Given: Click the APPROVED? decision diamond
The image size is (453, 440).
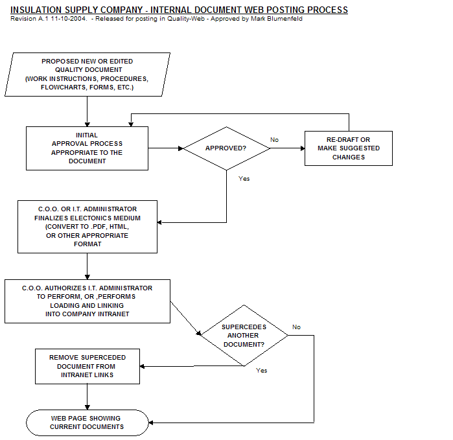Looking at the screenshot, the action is (227, 148).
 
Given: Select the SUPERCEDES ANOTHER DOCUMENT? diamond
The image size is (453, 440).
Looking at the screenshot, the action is (244, 336).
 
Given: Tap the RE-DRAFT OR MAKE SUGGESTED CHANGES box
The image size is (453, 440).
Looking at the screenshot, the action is (349, 148).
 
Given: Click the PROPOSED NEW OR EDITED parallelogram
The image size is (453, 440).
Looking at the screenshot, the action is (87, 75).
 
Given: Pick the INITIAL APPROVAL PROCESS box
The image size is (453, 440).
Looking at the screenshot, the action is (87, 148).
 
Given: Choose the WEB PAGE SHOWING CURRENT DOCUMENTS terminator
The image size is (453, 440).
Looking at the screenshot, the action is (87, 423).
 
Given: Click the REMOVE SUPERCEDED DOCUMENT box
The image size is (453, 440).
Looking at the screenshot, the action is (87, 366).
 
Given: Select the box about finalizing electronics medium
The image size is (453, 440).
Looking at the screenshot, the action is (87, 227).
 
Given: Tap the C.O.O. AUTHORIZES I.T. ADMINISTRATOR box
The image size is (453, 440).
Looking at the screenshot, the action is (87, 301).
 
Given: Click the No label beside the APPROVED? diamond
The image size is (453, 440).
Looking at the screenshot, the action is (274, 140).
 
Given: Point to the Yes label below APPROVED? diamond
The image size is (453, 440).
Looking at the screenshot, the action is (244, 179).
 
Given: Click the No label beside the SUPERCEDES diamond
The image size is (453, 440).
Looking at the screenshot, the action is (296, 327).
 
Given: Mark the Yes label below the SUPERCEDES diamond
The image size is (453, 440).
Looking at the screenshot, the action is (261, 371).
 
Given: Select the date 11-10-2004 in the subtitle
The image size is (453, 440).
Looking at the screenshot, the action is (69, 19).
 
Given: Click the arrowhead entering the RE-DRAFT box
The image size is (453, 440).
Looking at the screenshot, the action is (303, 148).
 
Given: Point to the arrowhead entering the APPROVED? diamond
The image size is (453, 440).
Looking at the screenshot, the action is (181, 148).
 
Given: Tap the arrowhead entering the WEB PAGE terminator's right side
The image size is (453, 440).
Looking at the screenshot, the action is (151, 423).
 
